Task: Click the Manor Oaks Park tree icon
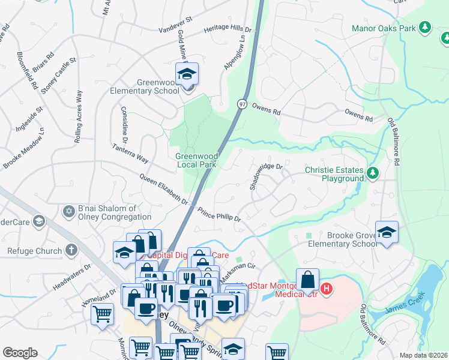tap(425, 28)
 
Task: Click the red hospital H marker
tap(327, 289)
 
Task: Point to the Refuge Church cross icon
tap(71, 250)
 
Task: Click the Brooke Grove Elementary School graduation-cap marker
tap(387, 233)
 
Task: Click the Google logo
tap(20, 353)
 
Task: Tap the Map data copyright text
tap(423, 355)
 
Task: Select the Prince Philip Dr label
tap(218, 214)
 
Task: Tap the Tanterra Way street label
tap(130, 153)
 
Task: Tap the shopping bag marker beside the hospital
tap(307, 280)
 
